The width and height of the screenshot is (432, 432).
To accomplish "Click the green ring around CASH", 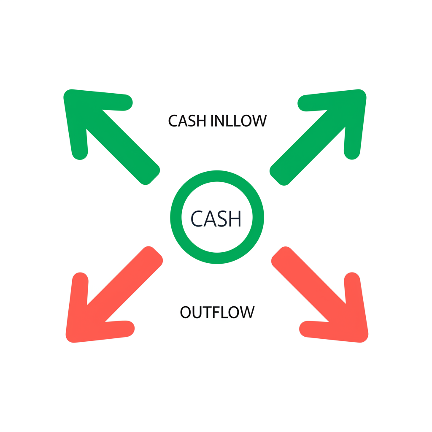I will [x=217, y=175].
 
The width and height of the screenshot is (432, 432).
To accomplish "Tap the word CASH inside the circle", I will [x=216, y=218].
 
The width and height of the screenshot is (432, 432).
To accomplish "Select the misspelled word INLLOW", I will [x=238, y=121].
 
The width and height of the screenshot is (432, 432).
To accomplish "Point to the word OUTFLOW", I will [x=217, y=312].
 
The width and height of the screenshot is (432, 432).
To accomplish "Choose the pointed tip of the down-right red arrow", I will [x=364, y=337].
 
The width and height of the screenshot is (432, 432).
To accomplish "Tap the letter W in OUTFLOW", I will [x=247, y=312].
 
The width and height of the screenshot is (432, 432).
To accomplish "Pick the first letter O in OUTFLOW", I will [x=186, y=312].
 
